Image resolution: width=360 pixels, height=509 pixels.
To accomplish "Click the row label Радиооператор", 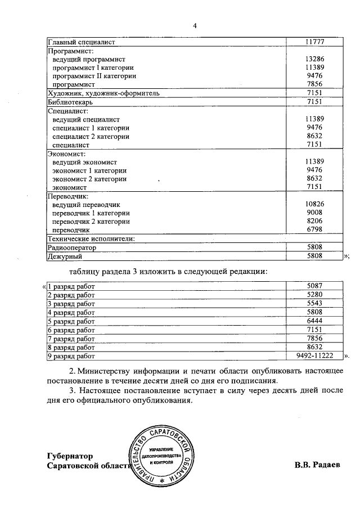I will tap(72, 247).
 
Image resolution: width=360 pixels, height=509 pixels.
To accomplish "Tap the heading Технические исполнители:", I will tap(92, 238).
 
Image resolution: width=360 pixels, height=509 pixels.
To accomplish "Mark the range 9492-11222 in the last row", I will tap(314, 356).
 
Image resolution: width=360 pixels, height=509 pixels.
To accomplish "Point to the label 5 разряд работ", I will tap(71, 321).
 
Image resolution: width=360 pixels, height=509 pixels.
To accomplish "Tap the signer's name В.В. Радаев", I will tap(317, 466).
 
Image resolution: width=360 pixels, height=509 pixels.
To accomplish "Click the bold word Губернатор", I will tap(70, 456).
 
